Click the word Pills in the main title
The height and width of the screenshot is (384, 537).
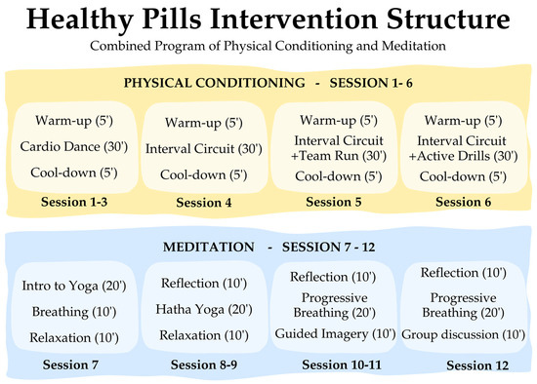click(x=171, y=19)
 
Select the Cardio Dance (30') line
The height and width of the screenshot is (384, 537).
click(x=74, y=147)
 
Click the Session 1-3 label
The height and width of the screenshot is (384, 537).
click(x=74, y=202)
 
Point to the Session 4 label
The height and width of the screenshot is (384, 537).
click(x=204, y=203)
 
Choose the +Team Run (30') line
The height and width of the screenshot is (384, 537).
click(x=339, y=156)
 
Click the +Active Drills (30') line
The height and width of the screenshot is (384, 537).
click(x=463, y=156)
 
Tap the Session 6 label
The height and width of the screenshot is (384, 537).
click(x=463, y=202)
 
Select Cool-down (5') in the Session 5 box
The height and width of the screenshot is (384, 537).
click(x=339, y=176)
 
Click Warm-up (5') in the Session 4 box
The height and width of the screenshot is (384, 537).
click(x=204, y=123)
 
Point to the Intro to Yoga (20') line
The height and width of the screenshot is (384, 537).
click(x=74, y=286)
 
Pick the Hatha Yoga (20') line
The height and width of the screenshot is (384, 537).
click(x=204, y=310)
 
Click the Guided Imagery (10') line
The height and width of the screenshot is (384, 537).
click(x=335, y=333)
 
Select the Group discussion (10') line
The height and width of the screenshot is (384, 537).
click(x=463, y=334)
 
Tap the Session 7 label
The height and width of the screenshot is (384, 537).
click(x=70, y=365)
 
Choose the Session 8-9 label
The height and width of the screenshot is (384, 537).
click(x=204, y=365)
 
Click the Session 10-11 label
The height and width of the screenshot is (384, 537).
click(x=342, y=365)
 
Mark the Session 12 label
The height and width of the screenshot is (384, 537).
click(x=477, y=365)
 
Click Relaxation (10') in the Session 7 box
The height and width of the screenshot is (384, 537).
click(x=74, y=338)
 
